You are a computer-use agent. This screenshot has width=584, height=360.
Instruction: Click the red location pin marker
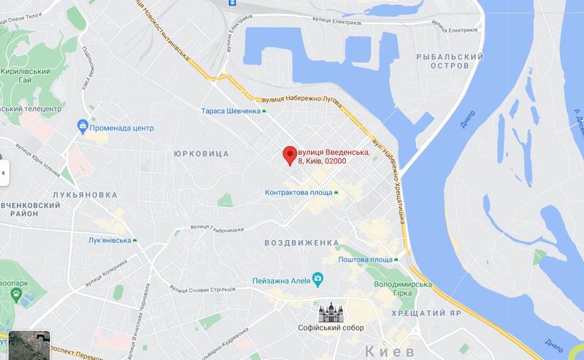pyautogui.click(x=289, y=155)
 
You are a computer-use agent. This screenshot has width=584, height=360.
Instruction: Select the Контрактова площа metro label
pyautogui.click(x=299, y=193)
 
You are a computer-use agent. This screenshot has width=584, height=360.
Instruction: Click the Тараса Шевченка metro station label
pyautogui.click(x=231, y=111)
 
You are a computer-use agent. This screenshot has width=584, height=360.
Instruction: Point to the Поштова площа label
pyautogui.click(x=365, y=260)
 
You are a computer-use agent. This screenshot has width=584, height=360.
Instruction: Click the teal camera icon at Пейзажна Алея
pyautogui.click(x=318, y=278)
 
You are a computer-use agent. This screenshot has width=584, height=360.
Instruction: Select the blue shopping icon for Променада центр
pyautogui.click(x=83, y=128)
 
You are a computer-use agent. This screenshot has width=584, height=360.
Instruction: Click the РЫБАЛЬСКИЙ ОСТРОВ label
pyautogui.click(x=450, y=61)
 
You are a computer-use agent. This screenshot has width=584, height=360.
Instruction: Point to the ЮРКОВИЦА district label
pyautogui.click(x=201, y=153)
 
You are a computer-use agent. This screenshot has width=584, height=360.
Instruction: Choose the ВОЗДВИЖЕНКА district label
pyautogui.click(x=301, y=242)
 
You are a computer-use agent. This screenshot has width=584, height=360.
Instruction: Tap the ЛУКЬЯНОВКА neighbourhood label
pyautogui.click(x=85, y=195)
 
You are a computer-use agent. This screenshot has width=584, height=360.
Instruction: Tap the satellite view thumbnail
pyautogui.click(x=30, y=342)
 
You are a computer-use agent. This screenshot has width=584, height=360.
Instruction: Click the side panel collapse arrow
pyautogui.click(x=3, y=173)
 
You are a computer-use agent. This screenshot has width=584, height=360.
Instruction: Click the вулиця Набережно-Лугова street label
pyautogui.click(x=296, y=101)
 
